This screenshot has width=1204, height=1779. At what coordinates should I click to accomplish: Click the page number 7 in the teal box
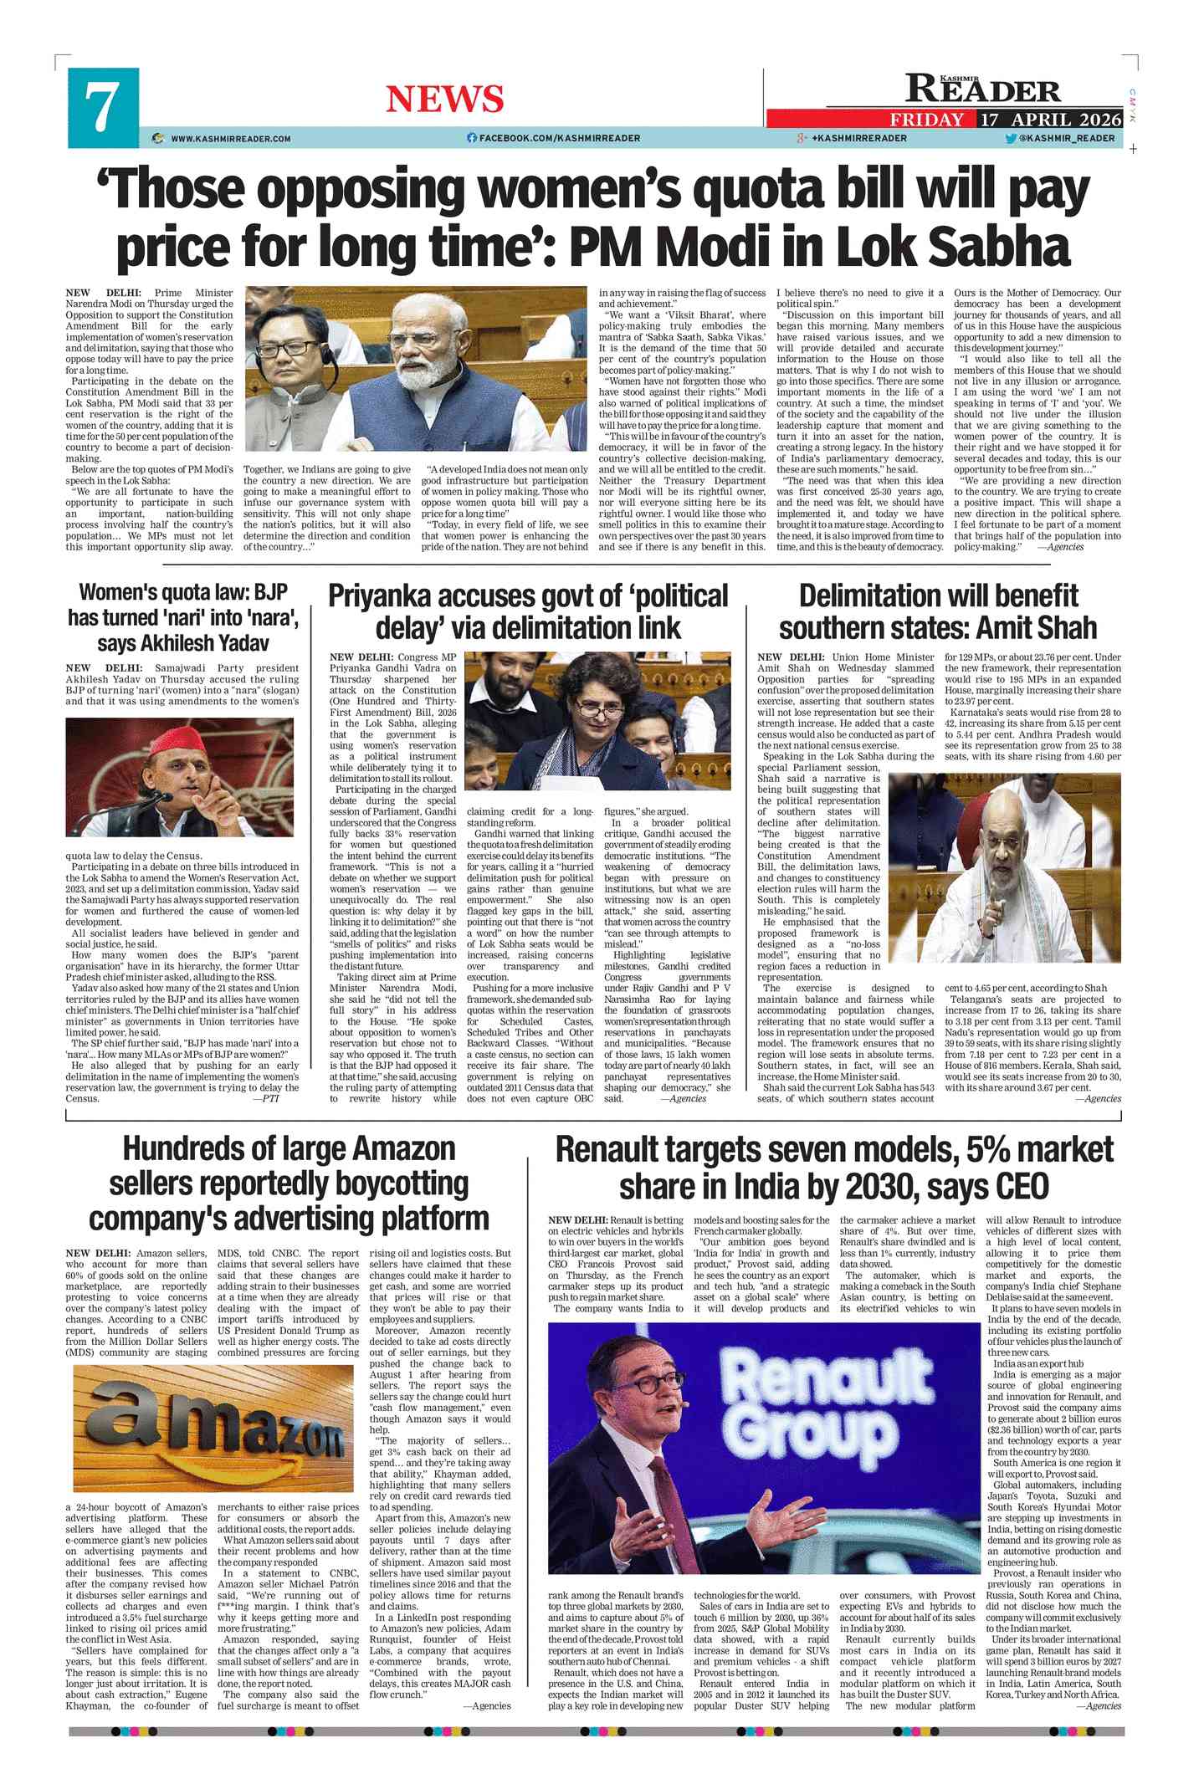tap(102, 108)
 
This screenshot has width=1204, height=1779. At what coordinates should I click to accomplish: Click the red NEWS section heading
tap(444, 100)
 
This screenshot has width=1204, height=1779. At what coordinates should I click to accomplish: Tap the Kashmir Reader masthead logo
tap(982, 89)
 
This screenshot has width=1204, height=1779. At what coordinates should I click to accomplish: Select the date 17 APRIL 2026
tap(1050, 119)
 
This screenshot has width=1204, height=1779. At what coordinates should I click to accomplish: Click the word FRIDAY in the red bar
tap(926, 120)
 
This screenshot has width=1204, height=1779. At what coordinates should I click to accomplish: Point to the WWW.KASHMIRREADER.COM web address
tap(230, 138)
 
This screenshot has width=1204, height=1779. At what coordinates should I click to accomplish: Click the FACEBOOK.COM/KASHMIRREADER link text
tap(559, 138)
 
